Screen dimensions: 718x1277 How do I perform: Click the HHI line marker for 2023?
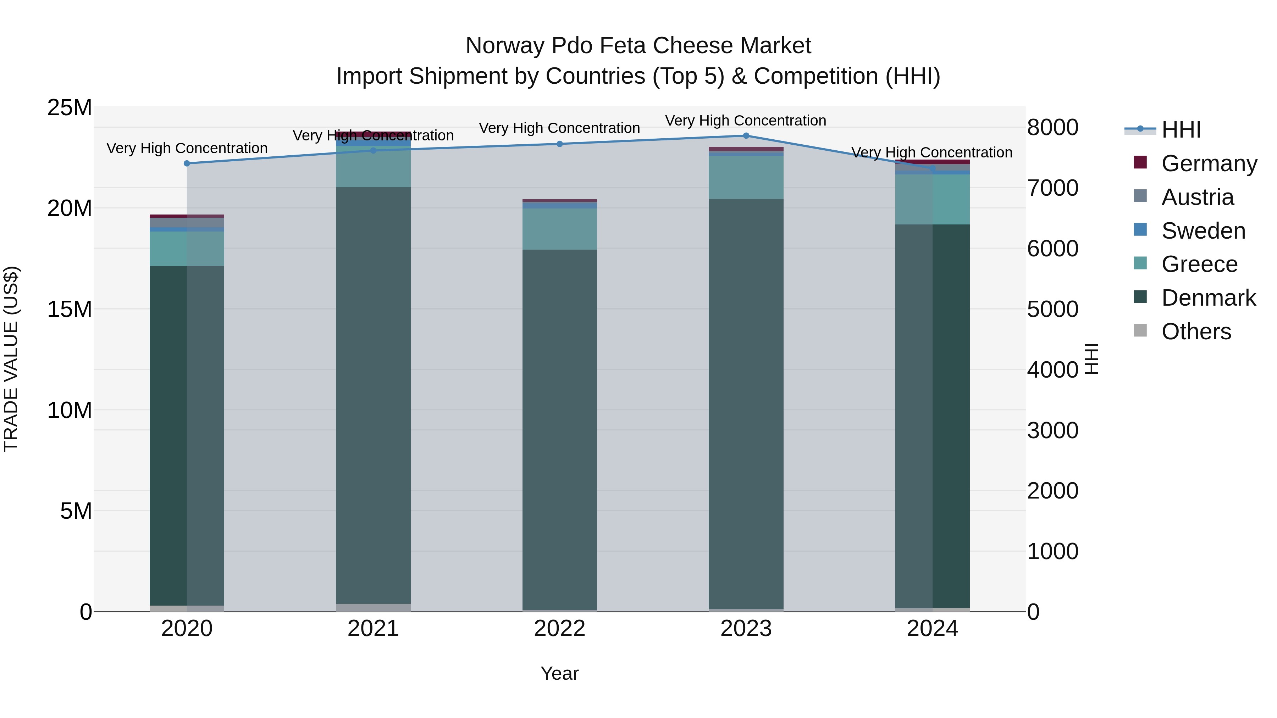(746, 136)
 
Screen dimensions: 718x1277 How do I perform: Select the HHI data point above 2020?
(187, 163)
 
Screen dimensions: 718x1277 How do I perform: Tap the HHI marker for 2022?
(560, 144)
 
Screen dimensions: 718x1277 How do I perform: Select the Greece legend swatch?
(1140, 263)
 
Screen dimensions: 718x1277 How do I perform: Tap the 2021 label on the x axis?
(373, 629)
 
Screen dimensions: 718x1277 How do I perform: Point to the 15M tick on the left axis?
(70, 309)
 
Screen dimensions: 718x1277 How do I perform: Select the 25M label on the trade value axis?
(70, 107)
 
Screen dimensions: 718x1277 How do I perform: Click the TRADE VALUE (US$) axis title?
(11, 359)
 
